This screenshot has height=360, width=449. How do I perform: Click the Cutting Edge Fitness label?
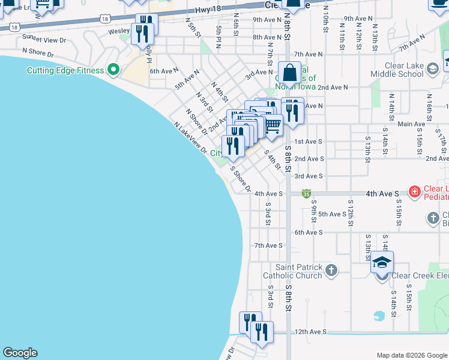coord(65,70)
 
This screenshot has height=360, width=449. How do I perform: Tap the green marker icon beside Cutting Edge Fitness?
coord(112,70)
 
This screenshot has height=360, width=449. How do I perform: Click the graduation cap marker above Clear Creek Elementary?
coord(381,262)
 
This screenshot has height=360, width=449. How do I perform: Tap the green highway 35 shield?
coord(306,194)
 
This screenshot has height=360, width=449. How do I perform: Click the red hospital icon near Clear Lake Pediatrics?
coord(414,192)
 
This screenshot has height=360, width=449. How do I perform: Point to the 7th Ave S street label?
coord(268,245)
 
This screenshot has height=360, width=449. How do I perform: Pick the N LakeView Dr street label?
coord(190,137)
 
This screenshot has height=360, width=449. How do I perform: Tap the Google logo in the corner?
coord(20,353)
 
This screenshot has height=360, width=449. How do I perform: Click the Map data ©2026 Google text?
coord(411,355)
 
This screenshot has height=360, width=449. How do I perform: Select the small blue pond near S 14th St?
coord(379,315)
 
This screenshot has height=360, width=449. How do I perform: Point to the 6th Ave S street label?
coord(309,232)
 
